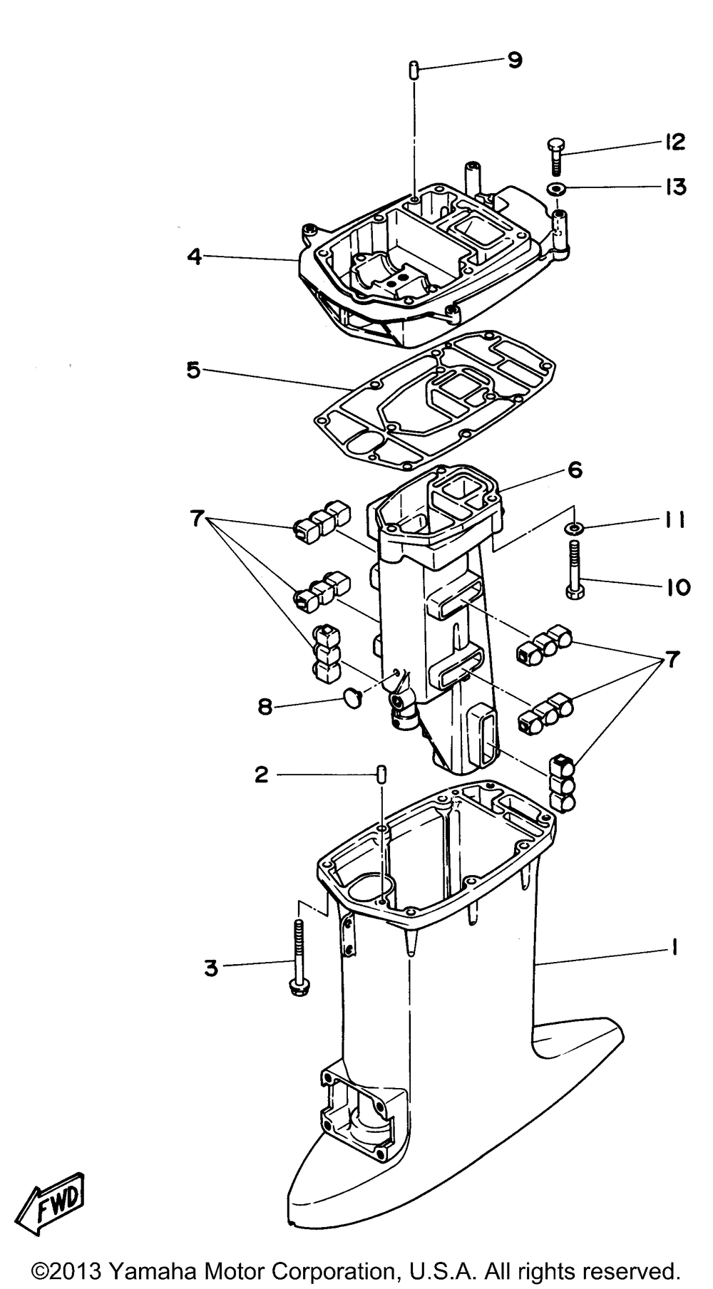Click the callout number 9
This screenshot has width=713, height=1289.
tap(514, 61)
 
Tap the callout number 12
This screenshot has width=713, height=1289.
tap(672, 142)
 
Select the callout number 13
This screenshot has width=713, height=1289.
tap(672, 187)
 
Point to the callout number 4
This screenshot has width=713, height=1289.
tap(194, 256)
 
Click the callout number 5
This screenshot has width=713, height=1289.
tap(193, 371)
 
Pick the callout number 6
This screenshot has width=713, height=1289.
tap(575, 470)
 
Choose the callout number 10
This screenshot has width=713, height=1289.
tap(677, 587)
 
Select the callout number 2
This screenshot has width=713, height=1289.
tap(262, 775)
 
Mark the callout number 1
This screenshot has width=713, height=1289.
tap(673, 948)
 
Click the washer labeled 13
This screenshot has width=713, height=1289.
tap(556, 189)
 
